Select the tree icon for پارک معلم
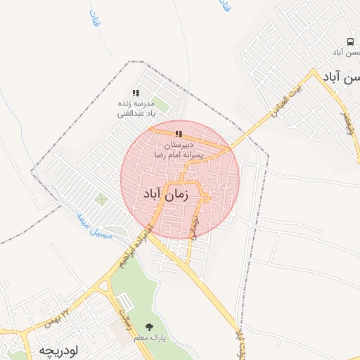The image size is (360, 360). coord(148,327)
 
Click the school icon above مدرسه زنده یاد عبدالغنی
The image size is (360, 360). coord(136,93)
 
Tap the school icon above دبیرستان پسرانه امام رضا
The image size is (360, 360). coord(179,134)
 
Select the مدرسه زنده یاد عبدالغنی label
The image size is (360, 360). coord(136,108)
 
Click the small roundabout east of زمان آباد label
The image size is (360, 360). coord(205,198)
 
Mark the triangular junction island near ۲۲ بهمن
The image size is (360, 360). coord(104,286)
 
